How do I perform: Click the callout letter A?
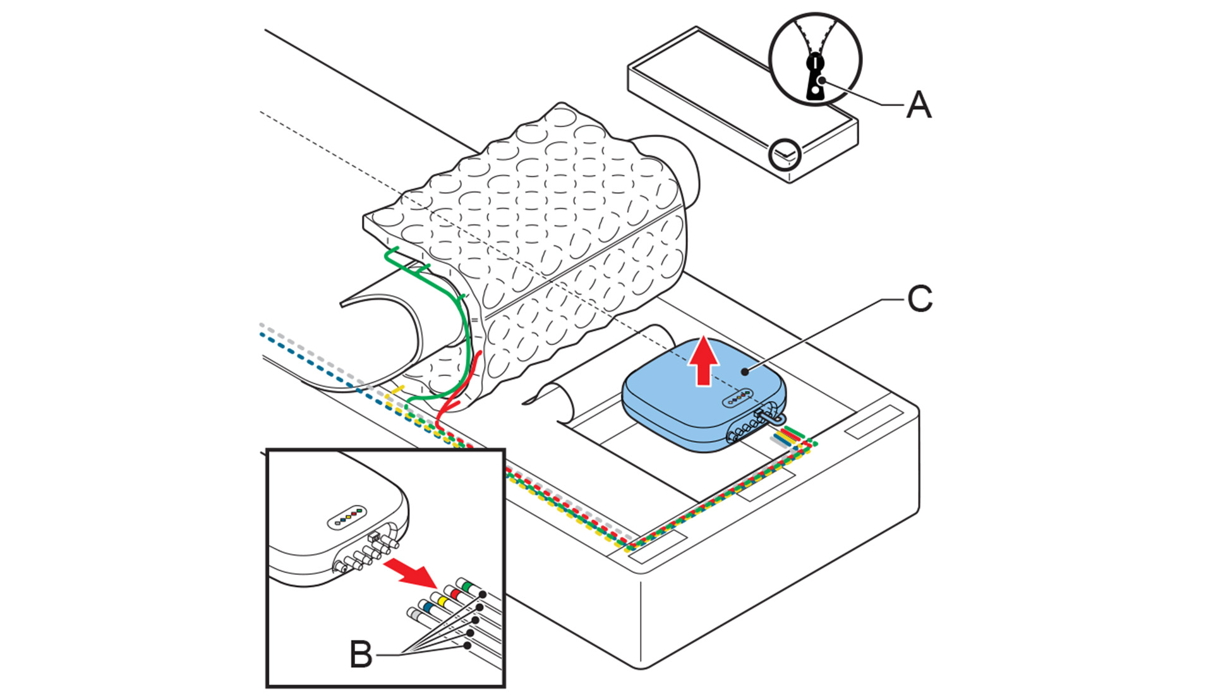tap(919, 104)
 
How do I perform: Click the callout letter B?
tap(361, 654)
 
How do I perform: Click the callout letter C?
tap(919, 299)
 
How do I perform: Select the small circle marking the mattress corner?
tap(785, 154)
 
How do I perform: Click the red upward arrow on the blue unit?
tap(703, 361)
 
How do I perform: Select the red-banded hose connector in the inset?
tap(455, 593)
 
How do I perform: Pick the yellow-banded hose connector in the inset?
tap(441, 601)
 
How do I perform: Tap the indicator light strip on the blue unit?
tap(737, 397)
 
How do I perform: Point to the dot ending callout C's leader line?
tap(747, 372)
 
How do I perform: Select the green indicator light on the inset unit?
tap(359, 509)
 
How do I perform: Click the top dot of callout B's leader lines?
tap(482, 595)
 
